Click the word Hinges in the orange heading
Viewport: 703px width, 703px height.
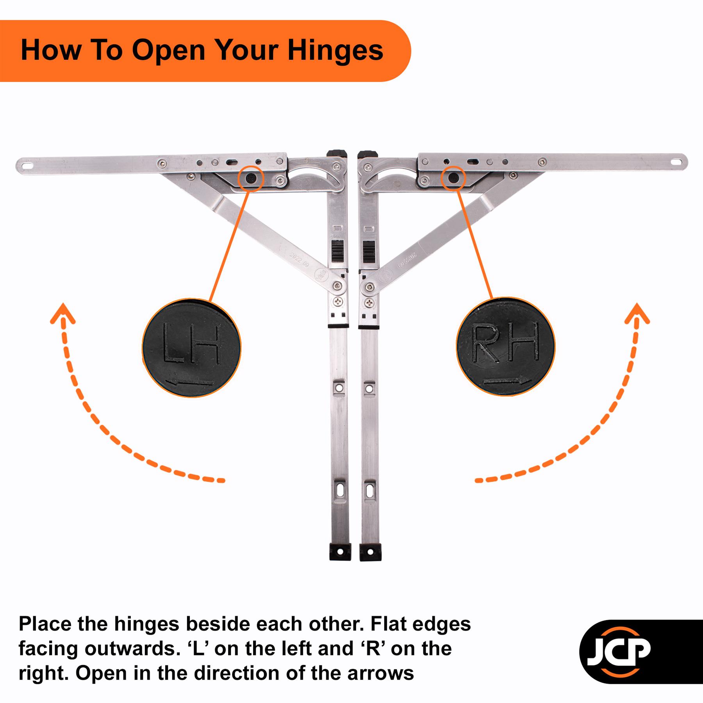tap(335, 50)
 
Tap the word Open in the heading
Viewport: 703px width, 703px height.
tap(168, 50)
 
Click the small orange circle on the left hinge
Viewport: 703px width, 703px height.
tap(251, 178)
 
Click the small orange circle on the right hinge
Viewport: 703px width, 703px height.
tap(453, 178)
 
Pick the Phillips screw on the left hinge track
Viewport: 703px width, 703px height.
tap(338, 302)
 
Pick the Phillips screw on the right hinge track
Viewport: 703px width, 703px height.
tap(369, 302)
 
